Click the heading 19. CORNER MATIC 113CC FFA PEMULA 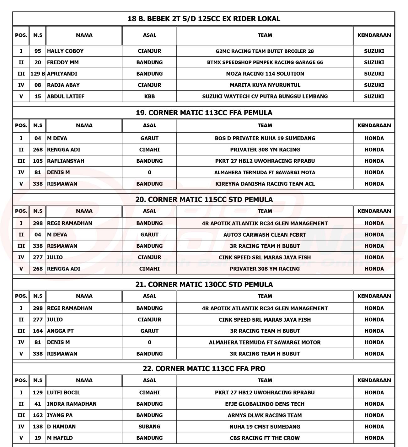coord(204,113)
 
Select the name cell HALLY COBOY coord(65,51)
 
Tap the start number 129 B coord(38,74)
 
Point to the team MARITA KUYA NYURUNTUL coord(265,85)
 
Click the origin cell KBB coord(149,96)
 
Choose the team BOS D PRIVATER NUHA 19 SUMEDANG coord(265,138)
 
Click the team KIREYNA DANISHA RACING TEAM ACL coord(265,184)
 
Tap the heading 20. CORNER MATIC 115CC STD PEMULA coord(204,199)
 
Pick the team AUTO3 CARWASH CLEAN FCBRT coord(265,235)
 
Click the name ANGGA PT coord(60,331)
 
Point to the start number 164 coord(38,331)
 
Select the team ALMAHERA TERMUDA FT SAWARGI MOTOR coord(265,342)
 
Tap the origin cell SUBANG coord(149,427)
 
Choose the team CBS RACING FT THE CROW coord(265,438)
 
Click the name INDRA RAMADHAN coord(72,404)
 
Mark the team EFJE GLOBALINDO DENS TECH coord(265,404)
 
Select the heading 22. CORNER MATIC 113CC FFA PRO coord(204,369)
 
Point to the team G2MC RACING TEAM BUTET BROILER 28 coord(265,51)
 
